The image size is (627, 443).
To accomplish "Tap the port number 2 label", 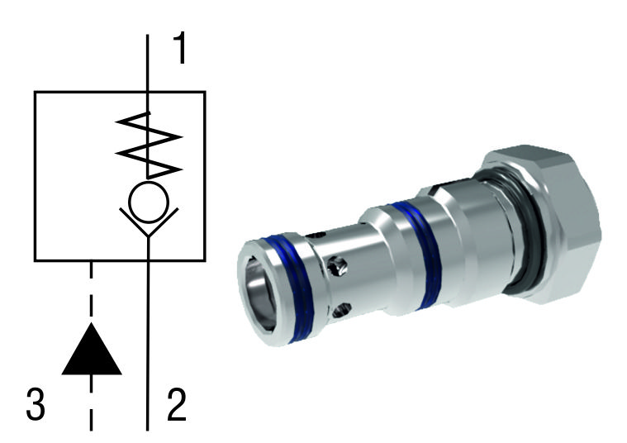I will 177,407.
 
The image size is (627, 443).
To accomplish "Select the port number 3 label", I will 35,407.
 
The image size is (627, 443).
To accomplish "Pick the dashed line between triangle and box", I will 92,289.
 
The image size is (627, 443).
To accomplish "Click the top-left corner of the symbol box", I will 34,92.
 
